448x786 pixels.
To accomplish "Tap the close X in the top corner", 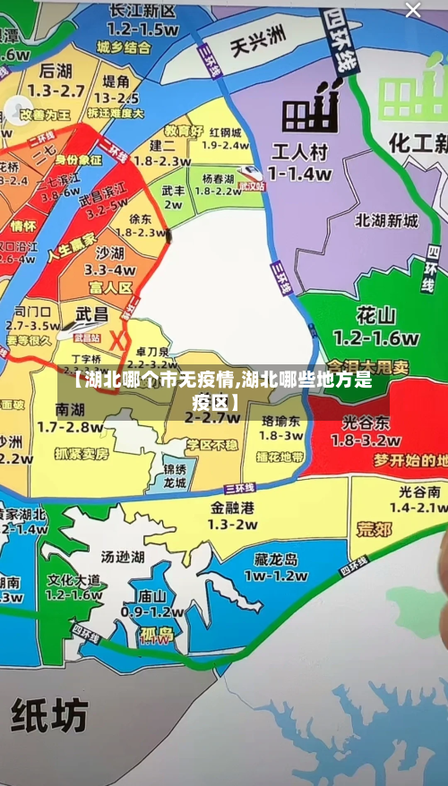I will click(x=413, y=11).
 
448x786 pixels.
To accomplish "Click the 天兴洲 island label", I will click(x=257, y=37).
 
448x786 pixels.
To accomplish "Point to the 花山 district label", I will click(x=376, y=316).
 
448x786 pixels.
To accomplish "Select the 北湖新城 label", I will click(x=387, y=220).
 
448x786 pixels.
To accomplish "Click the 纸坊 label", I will click(x=50, y=715).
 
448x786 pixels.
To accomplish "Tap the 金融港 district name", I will click(x=234, y=507).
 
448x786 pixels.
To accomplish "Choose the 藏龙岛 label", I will click(x=275, y=560).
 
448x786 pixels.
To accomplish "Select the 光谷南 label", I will click(x=418, y=491).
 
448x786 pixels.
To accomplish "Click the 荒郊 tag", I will click(x=374, y=529).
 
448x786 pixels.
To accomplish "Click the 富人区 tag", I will click(x=111, y=287).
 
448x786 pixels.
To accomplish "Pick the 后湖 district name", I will click(x=56, y=71).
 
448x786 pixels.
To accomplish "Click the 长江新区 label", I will click(x=142, y=11).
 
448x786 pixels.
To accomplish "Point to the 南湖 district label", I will click(x=70, y=409).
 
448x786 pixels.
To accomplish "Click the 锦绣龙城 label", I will click(x=175, y=475).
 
